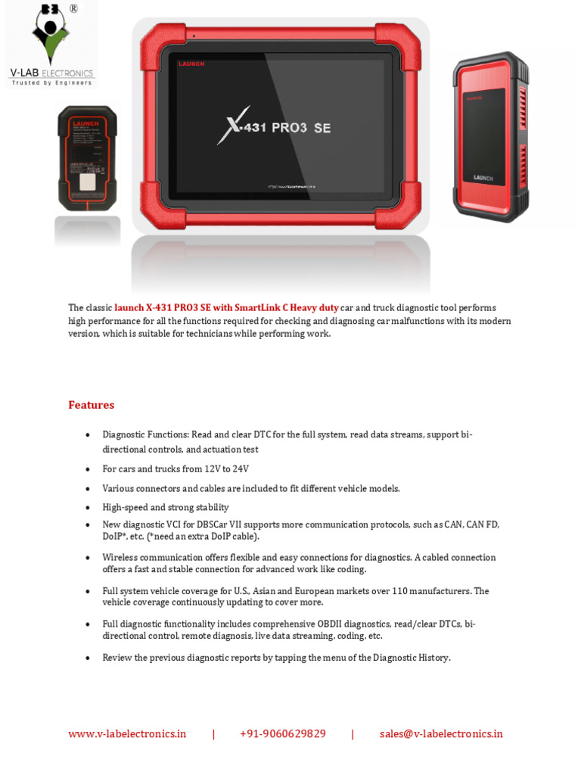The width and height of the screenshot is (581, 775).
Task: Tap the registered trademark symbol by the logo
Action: coord(73,9)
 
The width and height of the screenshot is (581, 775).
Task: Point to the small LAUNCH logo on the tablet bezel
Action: coord(191,64)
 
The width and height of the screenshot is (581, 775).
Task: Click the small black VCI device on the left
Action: coord(87,159)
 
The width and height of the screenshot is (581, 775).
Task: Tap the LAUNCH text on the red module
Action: coord(483,178)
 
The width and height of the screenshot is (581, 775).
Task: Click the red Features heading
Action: coord(92,405)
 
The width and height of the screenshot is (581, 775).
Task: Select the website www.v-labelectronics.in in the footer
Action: coord(127,733)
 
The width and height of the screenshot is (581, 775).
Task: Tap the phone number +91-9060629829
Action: coord(282,733)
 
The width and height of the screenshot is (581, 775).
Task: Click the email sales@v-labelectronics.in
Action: coord(441,733)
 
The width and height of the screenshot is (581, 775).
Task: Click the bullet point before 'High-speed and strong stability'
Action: coord(88,508)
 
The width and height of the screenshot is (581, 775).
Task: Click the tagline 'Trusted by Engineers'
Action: coord(51,83)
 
